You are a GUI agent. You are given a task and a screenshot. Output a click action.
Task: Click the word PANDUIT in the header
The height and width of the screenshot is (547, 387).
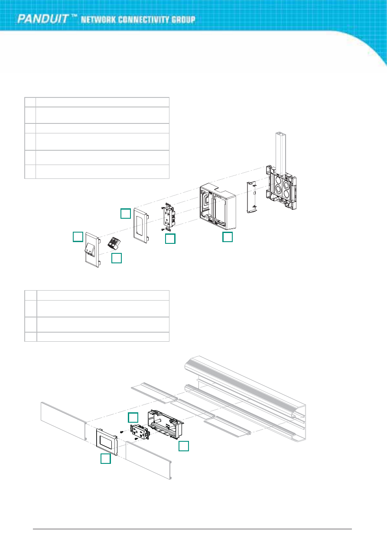(x=42, y=19)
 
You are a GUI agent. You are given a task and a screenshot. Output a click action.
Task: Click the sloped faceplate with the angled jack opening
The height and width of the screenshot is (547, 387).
(x=92, y=250)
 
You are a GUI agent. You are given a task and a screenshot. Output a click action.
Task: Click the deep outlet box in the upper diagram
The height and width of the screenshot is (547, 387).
(x=218, y=207)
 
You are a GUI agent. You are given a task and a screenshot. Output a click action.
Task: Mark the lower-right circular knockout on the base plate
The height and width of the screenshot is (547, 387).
(x=286, y=193)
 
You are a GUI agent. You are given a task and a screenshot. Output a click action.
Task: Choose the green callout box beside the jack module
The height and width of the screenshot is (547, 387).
(x=117, y=258)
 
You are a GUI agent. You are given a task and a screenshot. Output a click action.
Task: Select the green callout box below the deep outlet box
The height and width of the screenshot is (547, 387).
(x=227, y=237)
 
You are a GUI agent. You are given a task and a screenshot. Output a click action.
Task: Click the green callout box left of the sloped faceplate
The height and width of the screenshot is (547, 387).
(x=78, y=236)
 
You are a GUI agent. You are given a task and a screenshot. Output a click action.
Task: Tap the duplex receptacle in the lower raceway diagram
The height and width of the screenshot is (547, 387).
(x=140, y=433)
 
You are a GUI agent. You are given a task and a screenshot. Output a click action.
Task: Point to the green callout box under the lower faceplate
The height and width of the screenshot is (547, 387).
(x=106, y=458)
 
